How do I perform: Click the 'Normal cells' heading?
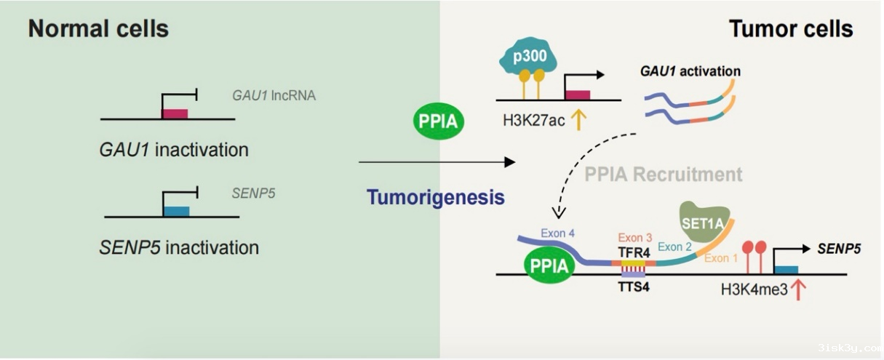(x=98, y=29)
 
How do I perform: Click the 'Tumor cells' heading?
(x=790, y=29)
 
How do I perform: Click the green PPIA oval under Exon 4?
(x=549, y=265)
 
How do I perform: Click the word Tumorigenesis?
(x=435, y=197)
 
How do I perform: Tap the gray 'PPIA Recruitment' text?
(x=664, y=175)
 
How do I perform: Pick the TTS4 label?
(x=634, y=287)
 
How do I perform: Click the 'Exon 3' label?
(x=634, y=238)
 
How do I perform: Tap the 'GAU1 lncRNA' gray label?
(x=274, y=95)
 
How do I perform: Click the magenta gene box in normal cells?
(x=175, y=113)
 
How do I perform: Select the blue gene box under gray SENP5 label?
(x=176, y=212)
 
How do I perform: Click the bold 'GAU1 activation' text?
(x=690, y=71)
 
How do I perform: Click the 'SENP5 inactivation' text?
(x=179, y=247)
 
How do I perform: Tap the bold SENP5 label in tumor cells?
(x=839, y=249)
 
